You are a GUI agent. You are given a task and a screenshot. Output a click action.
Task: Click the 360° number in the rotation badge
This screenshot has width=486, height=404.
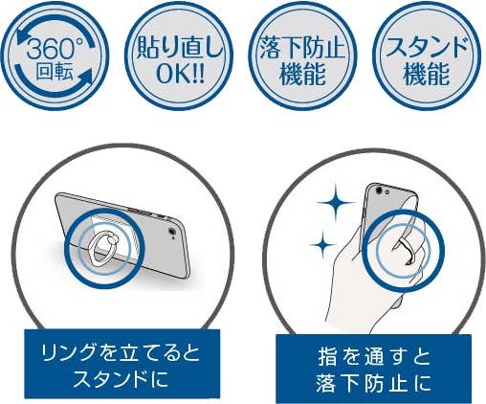point(51,49)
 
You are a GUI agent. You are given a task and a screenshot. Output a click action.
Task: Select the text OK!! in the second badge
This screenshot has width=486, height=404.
point(180,74)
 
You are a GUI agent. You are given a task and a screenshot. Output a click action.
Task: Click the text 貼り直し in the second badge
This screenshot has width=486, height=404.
point(179,49)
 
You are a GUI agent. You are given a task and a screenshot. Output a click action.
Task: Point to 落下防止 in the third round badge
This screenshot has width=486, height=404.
point(302,48)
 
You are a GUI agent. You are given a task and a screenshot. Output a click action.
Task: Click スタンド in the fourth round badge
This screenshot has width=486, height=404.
point(427,47)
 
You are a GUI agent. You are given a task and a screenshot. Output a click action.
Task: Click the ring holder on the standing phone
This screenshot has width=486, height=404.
point(104,248)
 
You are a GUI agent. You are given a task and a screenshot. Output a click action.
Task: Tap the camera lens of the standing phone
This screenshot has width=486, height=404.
point(172,232)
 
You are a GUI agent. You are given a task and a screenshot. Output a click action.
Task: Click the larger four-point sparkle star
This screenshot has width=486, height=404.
point(336,202)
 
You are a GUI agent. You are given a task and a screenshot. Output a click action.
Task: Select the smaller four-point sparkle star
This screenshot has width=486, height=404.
point(323,245)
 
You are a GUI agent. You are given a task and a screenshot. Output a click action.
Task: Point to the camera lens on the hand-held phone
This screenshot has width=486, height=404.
point(379,191)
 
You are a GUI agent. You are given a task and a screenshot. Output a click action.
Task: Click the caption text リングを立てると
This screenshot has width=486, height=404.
point(121,353)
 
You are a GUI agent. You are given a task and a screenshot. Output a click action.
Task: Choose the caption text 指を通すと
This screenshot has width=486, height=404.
point(374,357)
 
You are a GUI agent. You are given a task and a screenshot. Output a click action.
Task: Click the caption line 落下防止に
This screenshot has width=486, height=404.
point(374,382)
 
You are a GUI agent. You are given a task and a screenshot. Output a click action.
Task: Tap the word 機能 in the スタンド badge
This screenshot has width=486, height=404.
point(427,74)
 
